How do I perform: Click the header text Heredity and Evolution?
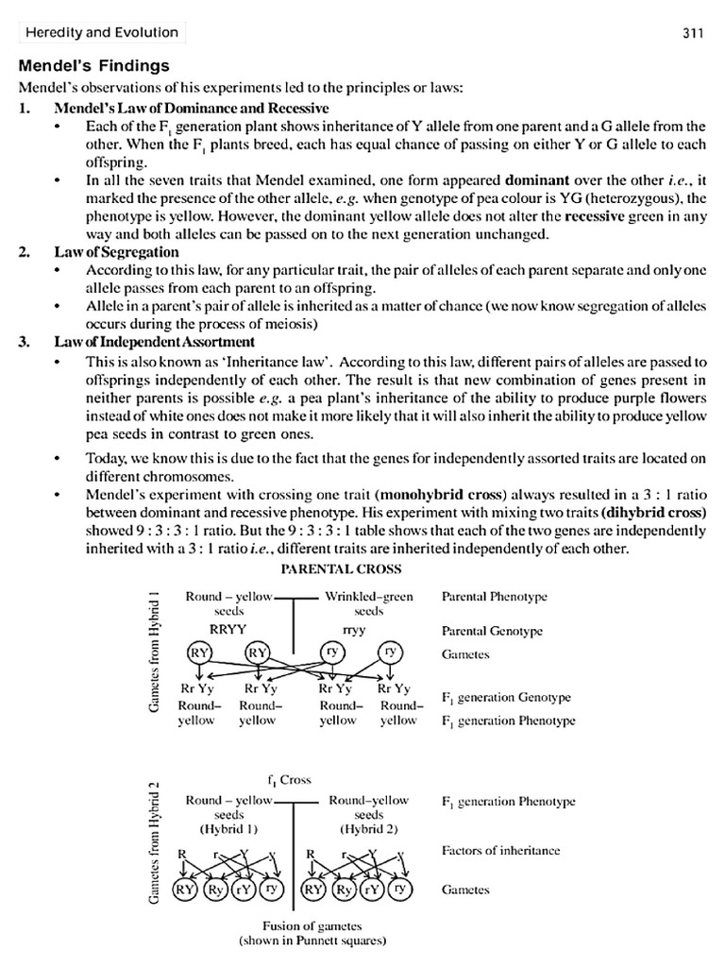102,33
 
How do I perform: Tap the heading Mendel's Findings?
94,66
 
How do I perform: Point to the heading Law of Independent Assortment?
154,341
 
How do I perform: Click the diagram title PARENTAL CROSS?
341,569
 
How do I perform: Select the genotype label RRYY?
228,630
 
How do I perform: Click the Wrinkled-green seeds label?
368,603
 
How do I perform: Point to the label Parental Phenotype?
494,597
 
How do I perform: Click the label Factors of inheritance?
500,850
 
